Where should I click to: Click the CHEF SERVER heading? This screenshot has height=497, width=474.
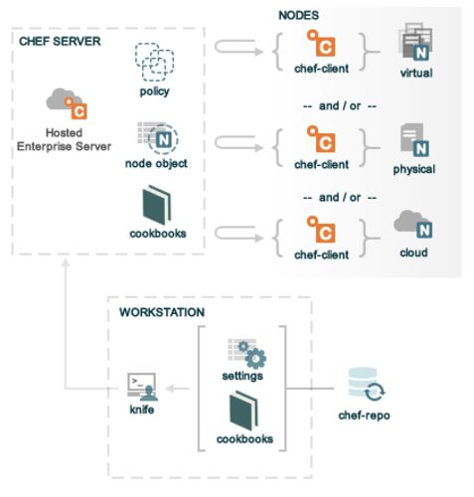click(60, 42)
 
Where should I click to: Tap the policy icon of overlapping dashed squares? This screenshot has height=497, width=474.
click(154, 63)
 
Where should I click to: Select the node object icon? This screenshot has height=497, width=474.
click(158, 138)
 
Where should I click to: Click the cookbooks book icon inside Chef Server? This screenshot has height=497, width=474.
click(157, 205)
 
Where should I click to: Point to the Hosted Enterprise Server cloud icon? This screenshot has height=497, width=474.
click(67, 103)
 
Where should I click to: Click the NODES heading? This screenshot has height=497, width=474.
click(298, 15)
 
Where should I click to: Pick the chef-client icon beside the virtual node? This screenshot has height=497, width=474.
click(321, 43)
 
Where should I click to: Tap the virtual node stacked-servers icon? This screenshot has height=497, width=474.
click(415, 42)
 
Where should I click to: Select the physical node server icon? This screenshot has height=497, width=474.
click(414, 140)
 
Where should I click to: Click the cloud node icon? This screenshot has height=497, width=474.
click(413, 225)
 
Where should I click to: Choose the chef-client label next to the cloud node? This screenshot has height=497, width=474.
click(321, 254)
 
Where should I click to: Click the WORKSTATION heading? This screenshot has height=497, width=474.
click(162, 312)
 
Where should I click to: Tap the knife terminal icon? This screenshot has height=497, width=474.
click(142, 387)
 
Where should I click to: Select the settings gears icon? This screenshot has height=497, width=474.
click(246, 354)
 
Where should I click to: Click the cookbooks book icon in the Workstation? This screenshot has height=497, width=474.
click(243, 411)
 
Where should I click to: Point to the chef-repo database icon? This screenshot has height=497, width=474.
click(367, 384)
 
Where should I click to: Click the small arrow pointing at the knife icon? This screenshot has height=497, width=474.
click(177, 389)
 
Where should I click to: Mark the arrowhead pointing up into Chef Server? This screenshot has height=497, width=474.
click(66, 262)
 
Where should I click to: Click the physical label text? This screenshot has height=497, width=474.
click(414, 169)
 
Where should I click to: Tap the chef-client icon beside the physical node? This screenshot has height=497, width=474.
click(321, 139)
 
